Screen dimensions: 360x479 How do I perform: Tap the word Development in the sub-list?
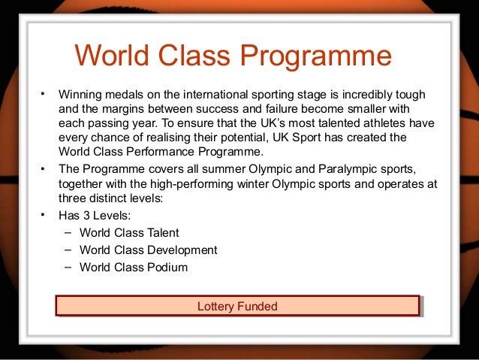181,250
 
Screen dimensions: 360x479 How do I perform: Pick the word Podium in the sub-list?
167,268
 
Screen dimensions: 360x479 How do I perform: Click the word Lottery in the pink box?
215,306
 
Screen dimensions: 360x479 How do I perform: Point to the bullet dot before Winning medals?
44,95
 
